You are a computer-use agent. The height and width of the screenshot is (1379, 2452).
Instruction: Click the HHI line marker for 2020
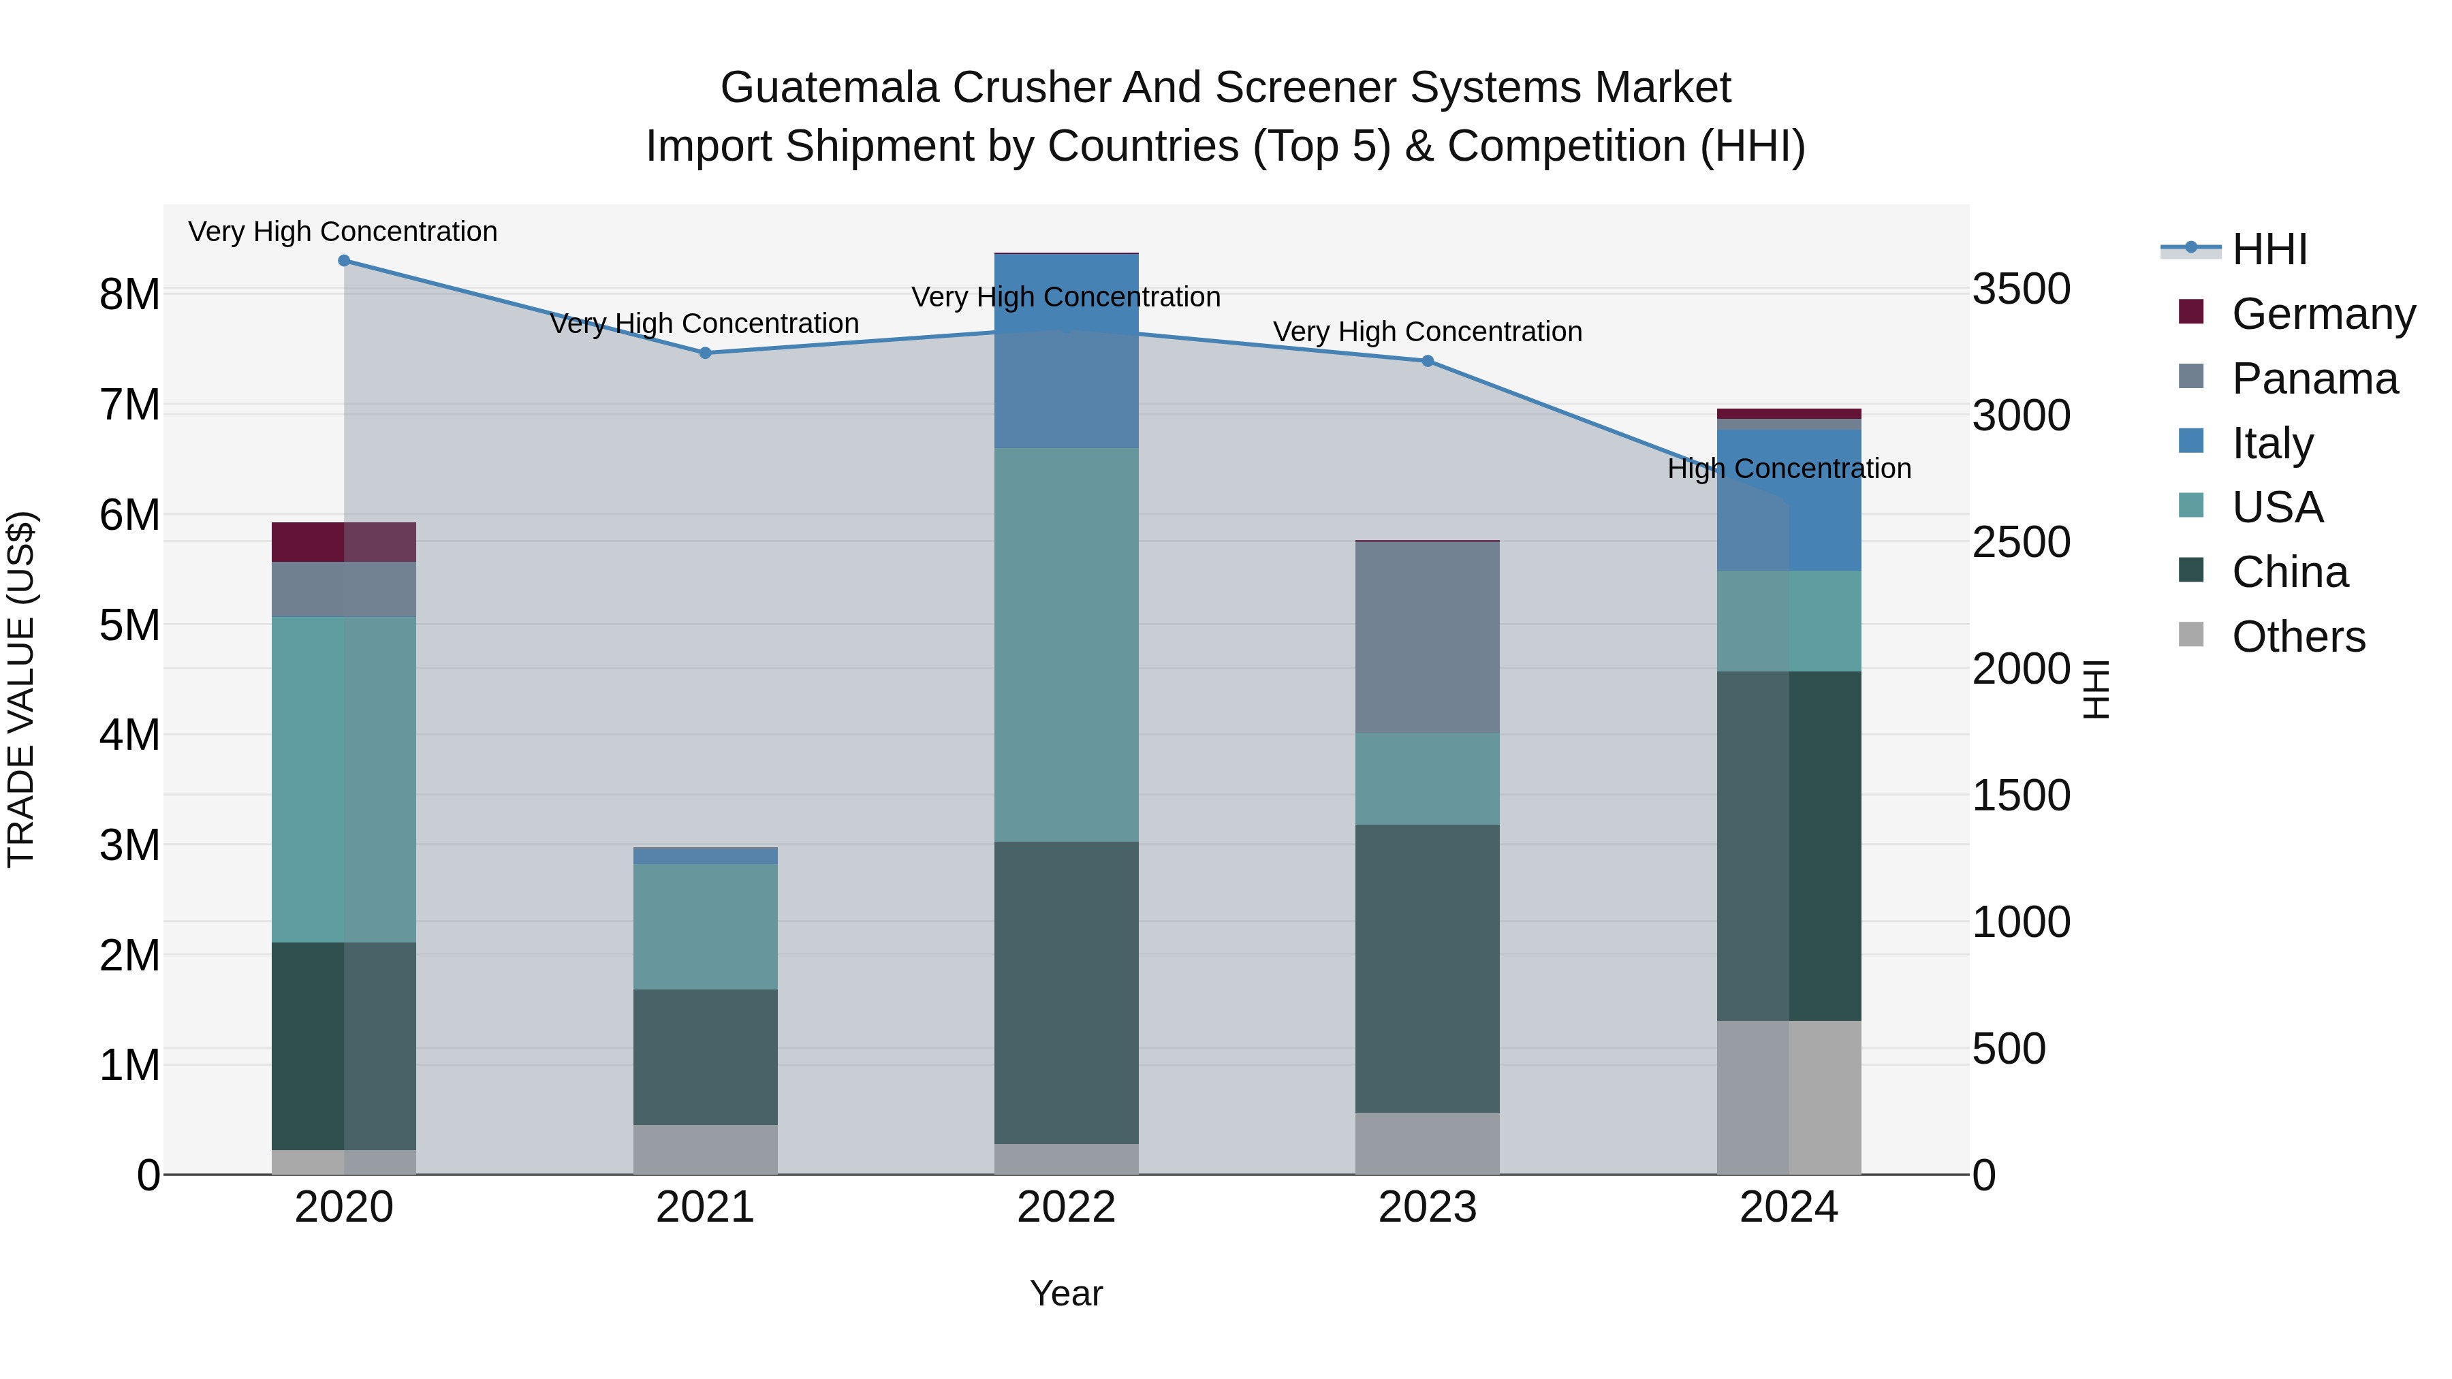(344, 260)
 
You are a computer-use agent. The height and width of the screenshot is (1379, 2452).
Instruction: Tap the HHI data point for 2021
(706, 352)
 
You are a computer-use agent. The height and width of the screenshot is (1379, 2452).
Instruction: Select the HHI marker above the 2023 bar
(1427, 361)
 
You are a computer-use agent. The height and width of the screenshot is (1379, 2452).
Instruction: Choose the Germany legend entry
(2322, 314)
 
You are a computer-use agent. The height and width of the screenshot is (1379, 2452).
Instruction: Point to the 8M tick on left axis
(129, 294)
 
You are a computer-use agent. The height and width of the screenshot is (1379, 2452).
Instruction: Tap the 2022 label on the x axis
(1066, 1207)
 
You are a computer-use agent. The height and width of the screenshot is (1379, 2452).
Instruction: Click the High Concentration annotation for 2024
(1789, 469)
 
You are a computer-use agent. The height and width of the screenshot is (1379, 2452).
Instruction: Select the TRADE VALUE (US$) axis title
(21, 689)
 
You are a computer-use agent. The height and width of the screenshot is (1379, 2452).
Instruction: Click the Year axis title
(1066, 1293)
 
